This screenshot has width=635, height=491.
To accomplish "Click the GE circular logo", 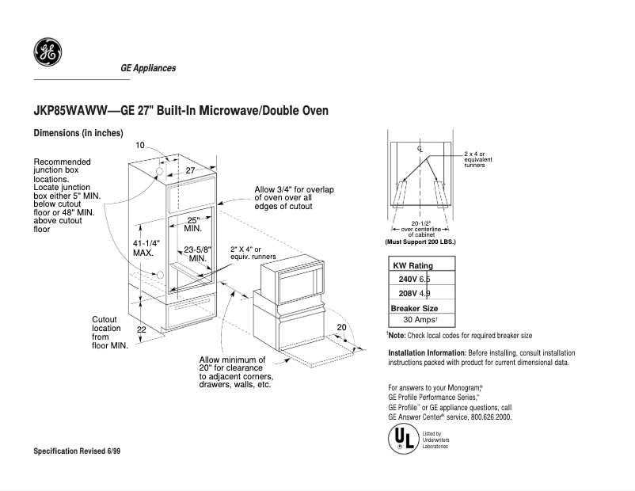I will tap(46, 53).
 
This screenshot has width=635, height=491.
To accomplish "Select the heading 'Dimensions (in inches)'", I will tap(78, 133).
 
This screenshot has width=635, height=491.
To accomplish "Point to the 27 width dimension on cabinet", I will tap(190, 170).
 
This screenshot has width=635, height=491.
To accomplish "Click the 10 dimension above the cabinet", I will tap(140, 145).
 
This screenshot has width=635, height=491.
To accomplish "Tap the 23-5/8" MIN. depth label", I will tap(196, 253).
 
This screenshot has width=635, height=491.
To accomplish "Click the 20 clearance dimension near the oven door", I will tap(342, 327).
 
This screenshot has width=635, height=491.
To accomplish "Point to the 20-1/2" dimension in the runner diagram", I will tap(420, 224).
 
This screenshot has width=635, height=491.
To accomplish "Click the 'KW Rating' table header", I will tap(413, 265).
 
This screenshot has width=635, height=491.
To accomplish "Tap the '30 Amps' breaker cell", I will tap(420, 320).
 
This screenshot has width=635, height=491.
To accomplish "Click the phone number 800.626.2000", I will tap(491, 416).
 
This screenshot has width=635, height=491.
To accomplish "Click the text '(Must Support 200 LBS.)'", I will tap(420, 241).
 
